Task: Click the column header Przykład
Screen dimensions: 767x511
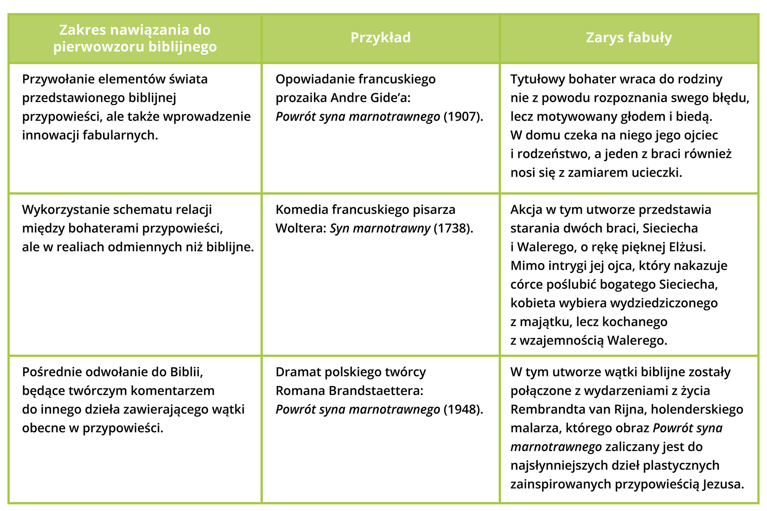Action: pos(380,38)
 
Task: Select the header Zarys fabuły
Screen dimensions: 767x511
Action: pos(629,38)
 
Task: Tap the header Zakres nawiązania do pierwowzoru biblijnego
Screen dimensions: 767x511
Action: pos(135,38)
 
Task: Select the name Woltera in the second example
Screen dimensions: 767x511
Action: pos(300,228)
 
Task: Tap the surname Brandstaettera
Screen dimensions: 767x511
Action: pos(376,390)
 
